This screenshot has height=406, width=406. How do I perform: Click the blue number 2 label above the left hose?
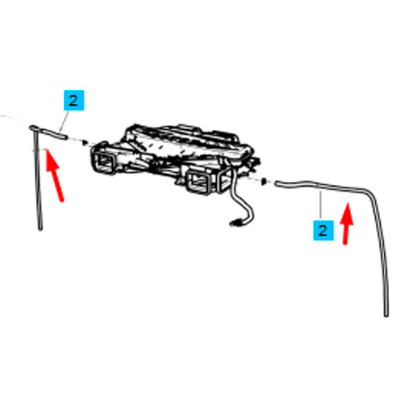coord(74,101)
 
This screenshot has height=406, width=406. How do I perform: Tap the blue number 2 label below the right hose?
coord(323,231)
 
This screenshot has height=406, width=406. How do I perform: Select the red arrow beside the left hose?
coord(54,175)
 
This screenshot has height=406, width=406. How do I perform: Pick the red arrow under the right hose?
coord(347,223)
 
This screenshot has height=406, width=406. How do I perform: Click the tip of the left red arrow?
coord(47,149)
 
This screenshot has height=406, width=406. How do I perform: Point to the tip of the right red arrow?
coord(348,203)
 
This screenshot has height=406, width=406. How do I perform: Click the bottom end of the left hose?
coord(41,229)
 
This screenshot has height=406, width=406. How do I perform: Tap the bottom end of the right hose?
coord(387,315)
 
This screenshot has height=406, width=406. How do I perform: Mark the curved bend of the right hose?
coord(369,192)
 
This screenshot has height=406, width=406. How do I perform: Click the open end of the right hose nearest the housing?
coord(277,184)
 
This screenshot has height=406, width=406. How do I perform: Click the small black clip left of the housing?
coord(85,142)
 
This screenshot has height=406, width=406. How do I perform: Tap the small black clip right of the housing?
coord(263,181)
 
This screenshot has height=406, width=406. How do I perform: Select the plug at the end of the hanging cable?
coord(235,223)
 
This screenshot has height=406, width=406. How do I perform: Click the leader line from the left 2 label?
coord(64,121)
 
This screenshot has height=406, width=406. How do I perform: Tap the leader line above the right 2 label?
coord(321,205)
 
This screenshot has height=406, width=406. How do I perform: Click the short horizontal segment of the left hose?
coord(50,133)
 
